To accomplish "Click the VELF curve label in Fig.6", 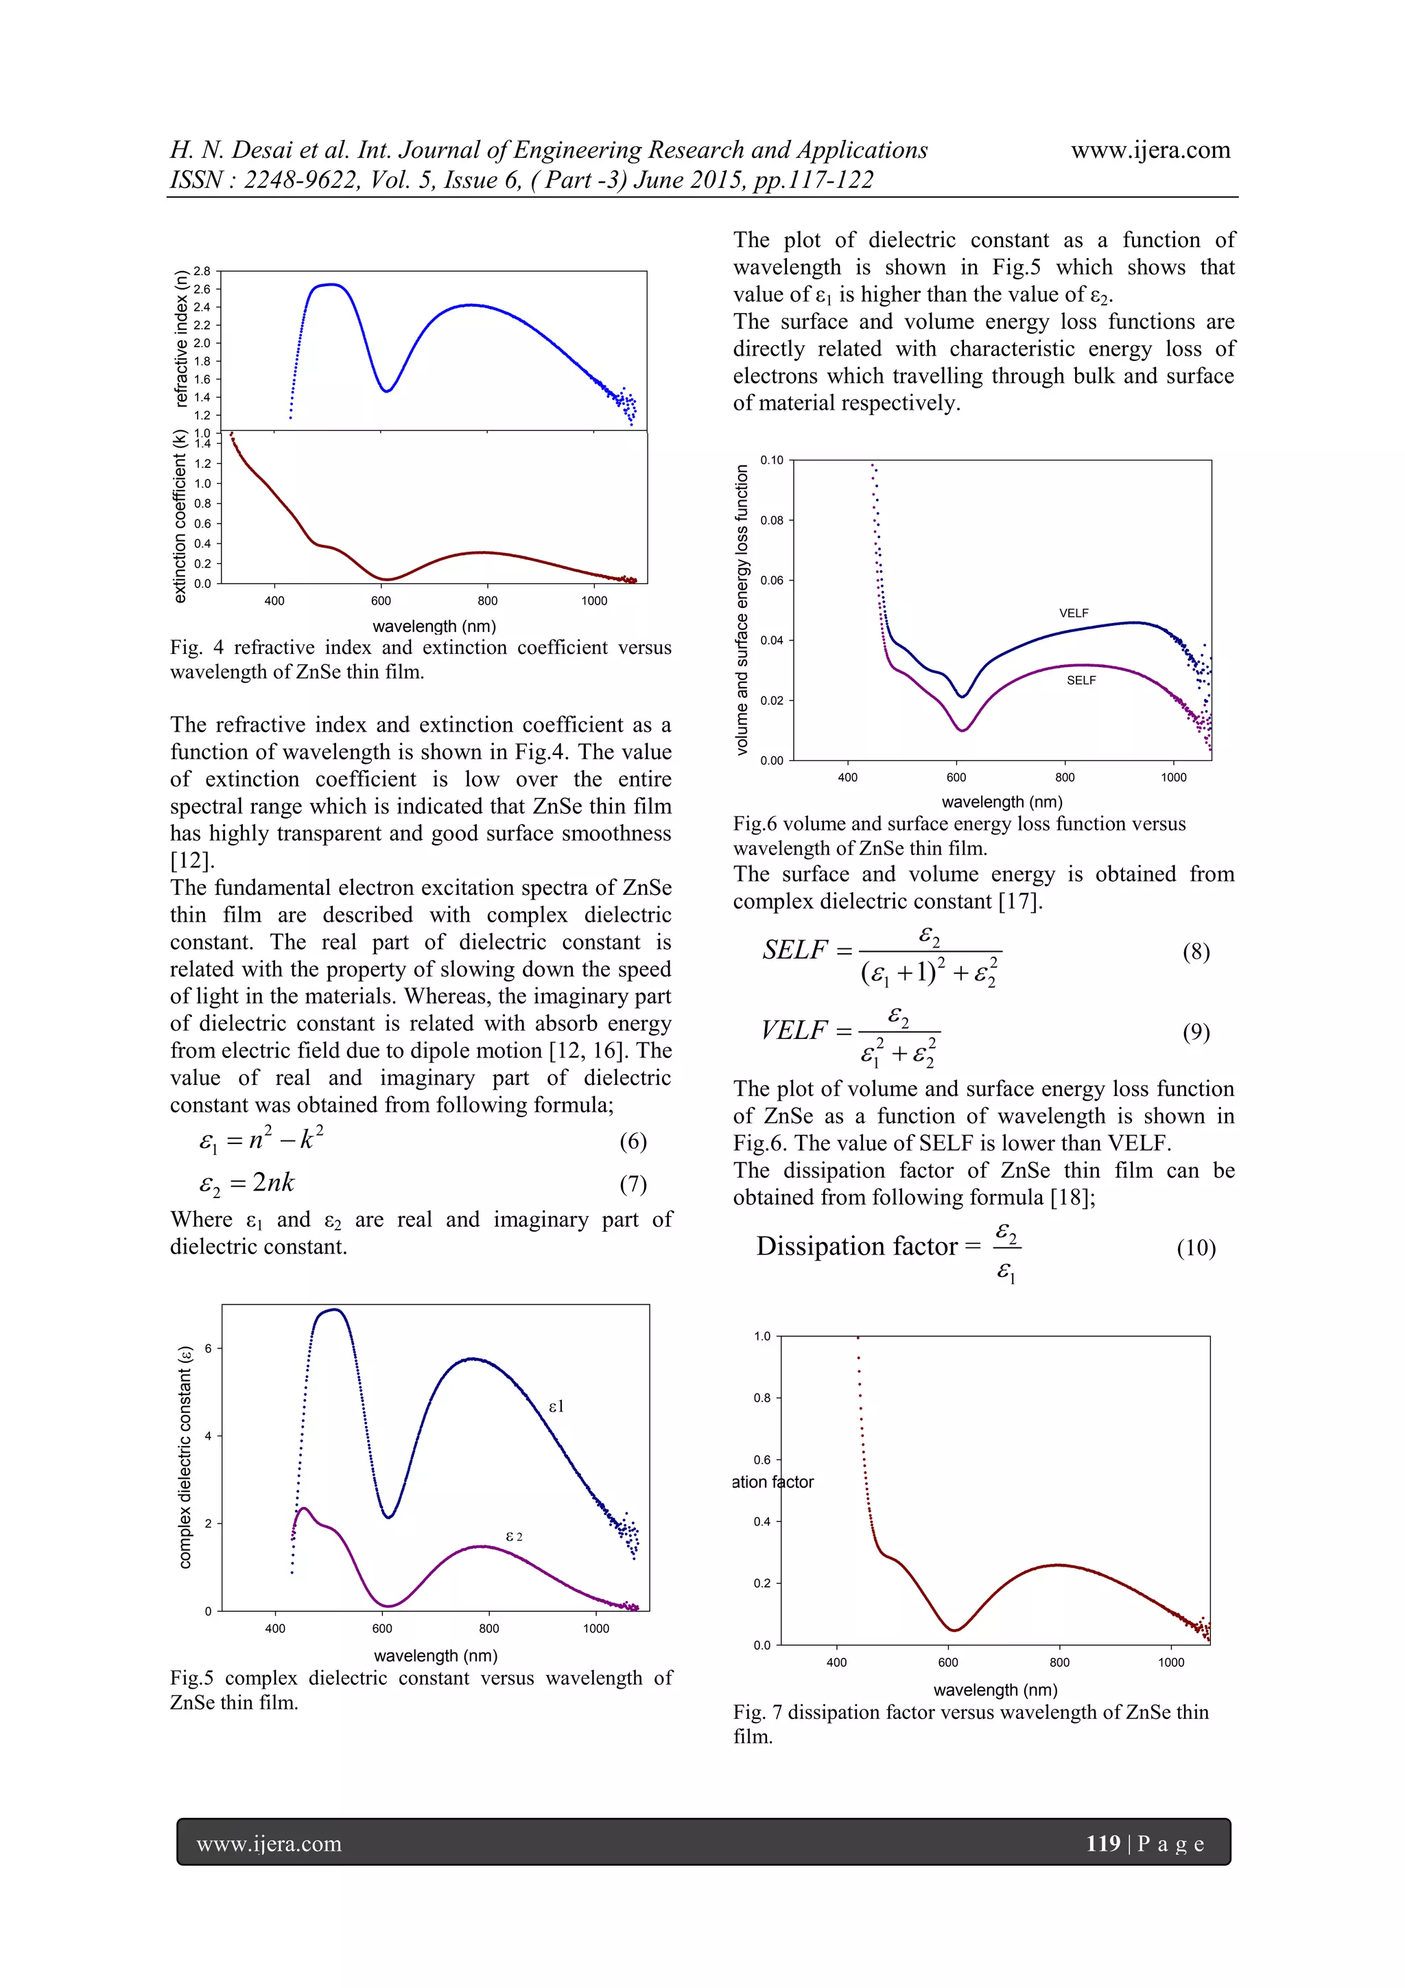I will pos(1074,613).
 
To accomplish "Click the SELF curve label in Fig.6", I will pos(1081,681).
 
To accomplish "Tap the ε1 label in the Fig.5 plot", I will pos(556,1406).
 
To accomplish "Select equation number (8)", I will pos(1196,952).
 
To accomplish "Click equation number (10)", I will pos(1196,1248).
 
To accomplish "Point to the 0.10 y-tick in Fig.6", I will pos(771,460).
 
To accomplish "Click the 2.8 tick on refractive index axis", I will pos(202,271).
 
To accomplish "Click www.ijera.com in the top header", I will pos(1150,151).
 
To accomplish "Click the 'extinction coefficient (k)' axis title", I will pos(180,516).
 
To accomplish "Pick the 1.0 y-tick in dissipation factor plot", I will pos(761,1336).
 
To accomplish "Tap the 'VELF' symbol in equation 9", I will pos(794,1030).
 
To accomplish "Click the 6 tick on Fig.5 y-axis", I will pos(208,1348).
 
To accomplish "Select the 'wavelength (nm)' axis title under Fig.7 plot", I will pos(995,1689).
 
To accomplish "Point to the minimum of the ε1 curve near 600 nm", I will pos(389,1517).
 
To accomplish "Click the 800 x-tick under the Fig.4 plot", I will pos(487,601).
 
